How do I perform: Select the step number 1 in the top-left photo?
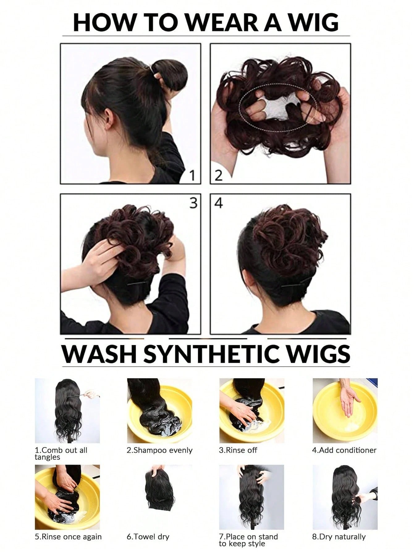pyautogui.click(x=192, y=176)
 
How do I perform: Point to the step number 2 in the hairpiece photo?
pyautogui.click(x=218, y=176)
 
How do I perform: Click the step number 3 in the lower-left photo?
pyautogui.click(x=193, y=203)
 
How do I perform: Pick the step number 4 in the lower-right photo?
pyautogui.click(x=218, y=203)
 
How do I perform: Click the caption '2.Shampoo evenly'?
pyautogui.click(x=159, y=450)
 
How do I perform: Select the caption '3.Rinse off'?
pyautogui.click(x=238, y=450)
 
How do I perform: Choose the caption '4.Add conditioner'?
pyautogui.click(x=344, y=450)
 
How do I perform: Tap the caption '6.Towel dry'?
pyautogui.click(x=148, y=537)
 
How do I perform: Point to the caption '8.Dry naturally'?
pyautogui.click(x=339, y=537)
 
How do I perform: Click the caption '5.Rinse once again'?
pyautogui.click(x=68, y=537)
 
